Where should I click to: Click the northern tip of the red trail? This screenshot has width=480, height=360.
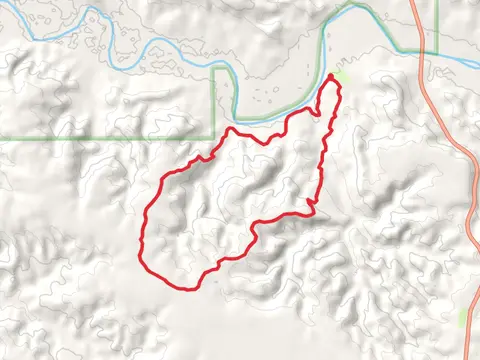[x=331, y=75]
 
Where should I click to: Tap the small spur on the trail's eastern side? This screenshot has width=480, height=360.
[x=311, y=205]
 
